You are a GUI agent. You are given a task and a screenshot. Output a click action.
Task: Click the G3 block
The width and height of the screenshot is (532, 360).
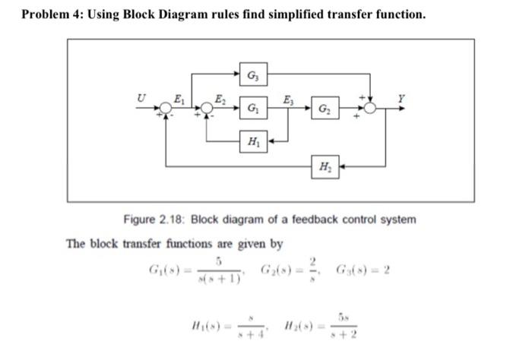[x=251, y=75]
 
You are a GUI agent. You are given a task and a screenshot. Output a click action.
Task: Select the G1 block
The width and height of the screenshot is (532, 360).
[x=251, y=109]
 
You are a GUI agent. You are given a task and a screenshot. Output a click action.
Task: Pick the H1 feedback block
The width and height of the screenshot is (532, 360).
[x=251, y=141]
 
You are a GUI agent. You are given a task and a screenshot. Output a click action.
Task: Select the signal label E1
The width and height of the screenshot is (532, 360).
[x=179, y=97]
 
